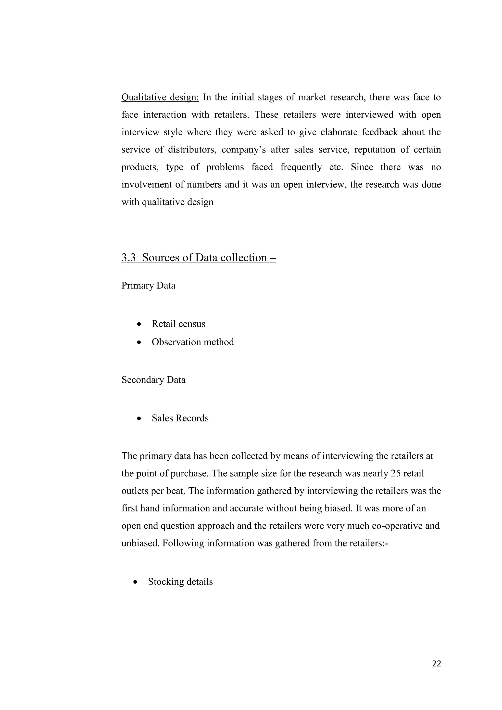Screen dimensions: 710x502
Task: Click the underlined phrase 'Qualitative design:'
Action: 160,97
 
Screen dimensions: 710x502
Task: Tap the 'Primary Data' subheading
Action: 148,285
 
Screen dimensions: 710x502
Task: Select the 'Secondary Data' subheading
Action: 153,380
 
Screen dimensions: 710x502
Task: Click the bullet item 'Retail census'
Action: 178,324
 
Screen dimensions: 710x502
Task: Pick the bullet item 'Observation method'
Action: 193,342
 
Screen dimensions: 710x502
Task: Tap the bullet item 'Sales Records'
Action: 180,418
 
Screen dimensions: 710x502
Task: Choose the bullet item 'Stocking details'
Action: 180,582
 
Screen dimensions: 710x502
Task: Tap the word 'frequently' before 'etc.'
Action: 301,167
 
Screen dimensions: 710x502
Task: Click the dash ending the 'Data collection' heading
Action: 273,258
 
